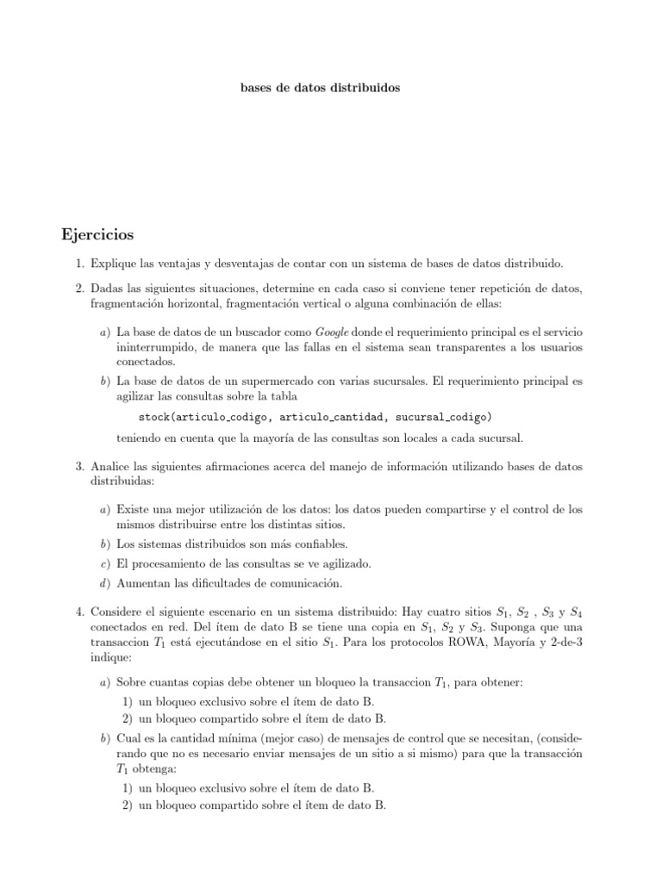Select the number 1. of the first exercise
pos(79,261)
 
